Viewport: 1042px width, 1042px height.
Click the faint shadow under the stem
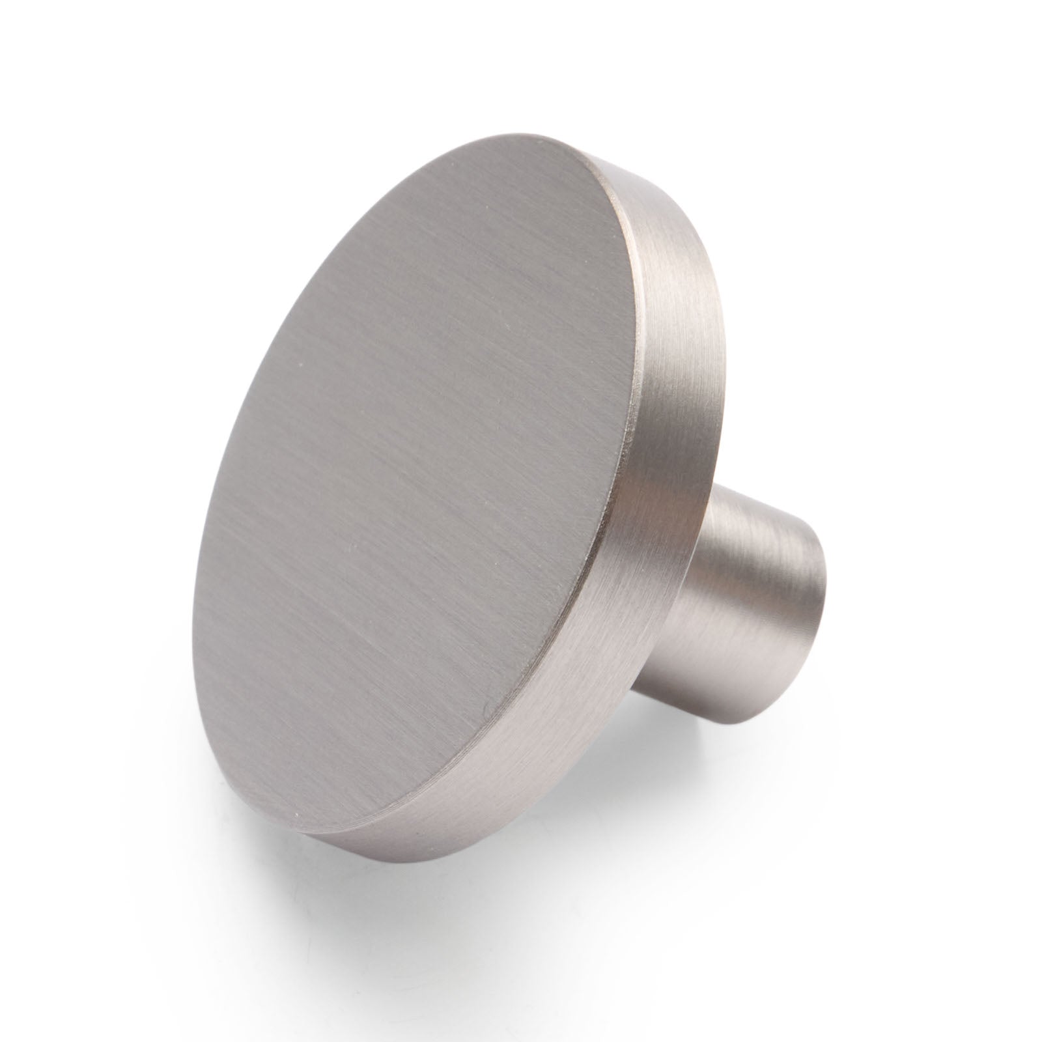781,703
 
